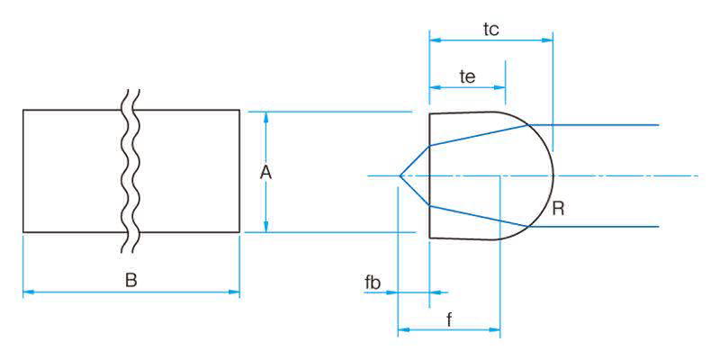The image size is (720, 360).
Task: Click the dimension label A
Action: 265,173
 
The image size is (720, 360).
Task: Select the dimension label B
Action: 130,281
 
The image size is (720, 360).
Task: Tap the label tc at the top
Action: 490,29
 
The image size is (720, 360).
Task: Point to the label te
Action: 467,76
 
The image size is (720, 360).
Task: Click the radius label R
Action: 558,210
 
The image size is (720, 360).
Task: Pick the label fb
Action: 373,283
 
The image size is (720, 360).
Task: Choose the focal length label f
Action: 448,319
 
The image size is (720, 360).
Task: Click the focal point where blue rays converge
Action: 399,175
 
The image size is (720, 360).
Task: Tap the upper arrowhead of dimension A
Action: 265,116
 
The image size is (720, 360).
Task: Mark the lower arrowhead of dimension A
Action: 265,228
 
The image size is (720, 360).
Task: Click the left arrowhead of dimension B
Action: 27,292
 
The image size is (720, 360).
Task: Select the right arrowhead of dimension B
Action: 236,292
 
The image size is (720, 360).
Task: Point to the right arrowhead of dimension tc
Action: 548,40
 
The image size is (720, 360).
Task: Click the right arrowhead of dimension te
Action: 501,87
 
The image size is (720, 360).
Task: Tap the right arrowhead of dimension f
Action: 496,329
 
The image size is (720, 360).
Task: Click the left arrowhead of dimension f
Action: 402,329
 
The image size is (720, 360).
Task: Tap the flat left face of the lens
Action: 429,175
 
